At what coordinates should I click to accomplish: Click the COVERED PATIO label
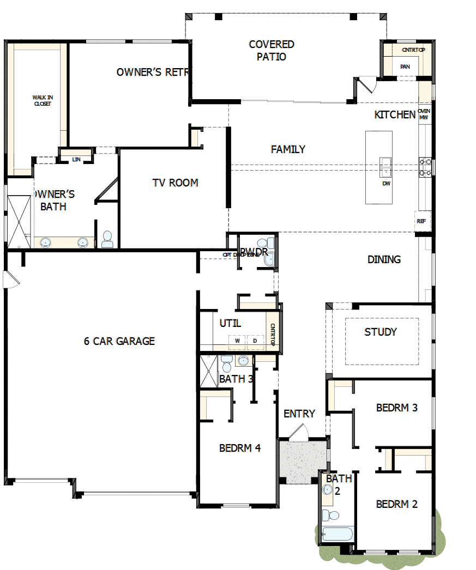[272, 50]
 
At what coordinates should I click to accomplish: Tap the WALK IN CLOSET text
[42, 101]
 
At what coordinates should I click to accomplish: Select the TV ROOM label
[175, 183]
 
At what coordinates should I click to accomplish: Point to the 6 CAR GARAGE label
[119, 341]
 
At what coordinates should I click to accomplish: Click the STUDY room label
[381, 332]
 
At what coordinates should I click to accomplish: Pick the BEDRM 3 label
[397, 408]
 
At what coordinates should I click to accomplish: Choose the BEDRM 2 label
[397, 504]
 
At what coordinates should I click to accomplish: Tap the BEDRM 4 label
[240, 448]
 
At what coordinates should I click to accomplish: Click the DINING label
[384, 259]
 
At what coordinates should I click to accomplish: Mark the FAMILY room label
[288, 149]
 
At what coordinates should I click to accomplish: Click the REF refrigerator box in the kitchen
[421, 221]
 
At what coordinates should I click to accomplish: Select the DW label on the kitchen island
[386, 184]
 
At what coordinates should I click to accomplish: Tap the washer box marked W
[237, 341]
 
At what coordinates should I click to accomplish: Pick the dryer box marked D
[254, 341]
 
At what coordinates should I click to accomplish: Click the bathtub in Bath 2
[336, 535]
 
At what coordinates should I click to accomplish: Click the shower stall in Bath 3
[208, 371]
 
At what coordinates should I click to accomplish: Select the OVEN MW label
[424, 113]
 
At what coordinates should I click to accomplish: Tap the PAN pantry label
[405, 66]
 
